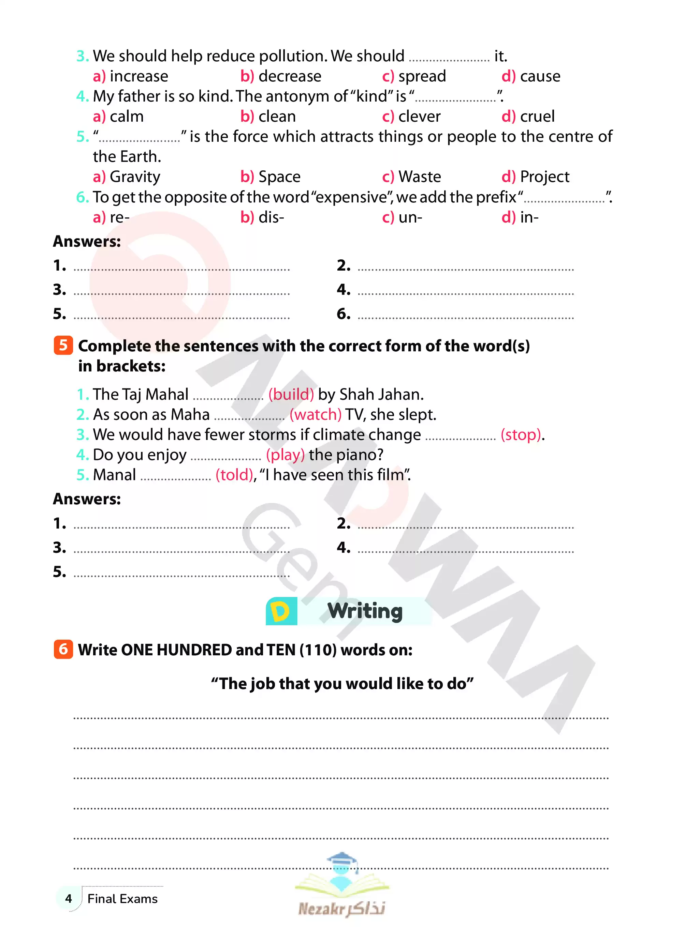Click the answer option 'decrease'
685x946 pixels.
pyautogui.click(x=289, y=76)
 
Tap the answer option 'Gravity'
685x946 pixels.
pyautogui.click(x=134, y=177)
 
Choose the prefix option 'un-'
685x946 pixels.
pyautogui.click(x=410, y=217)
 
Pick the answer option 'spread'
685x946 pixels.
pyautogui.click(x=422, y=76)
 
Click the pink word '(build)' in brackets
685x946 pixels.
pyautogui.click(x=291, y=395)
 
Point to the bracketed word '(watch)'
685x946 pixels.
pyautogui.click(x=316, y=415)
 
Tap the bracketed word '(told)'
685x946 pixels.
pyautogui.click(x=234, y=475)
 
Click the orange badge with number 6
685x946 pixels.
pyautogui.click(x=63, y=650)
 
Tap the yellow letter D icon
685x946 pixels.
pyautogui.click(x=281, y=611)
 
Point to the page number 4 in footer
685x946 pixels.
pyautogui.click(x=69, y=898)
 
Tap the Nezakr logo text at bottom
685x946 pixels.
pyautogui.click(x=341, y=908)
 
